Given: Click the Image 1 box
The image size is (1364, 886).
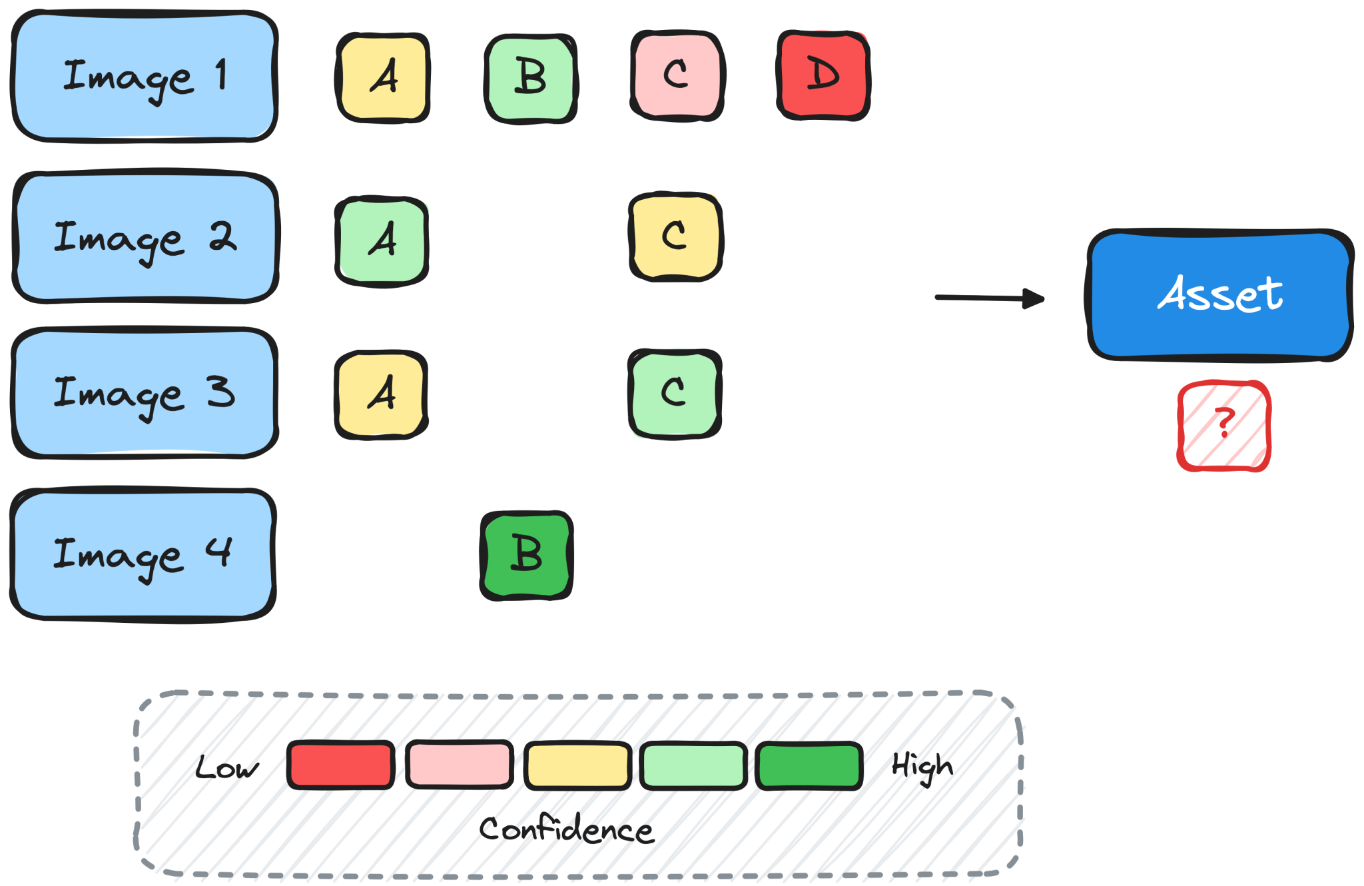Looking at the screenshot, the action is pyautogui.click(x=145, y=76).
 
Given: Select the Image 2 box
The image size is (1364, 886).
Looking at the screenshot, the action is pyautogui.click(x=146, y=236).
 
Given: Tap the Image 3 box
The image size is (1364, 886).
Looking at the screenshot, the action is pyautogui.click(x=145, y=393).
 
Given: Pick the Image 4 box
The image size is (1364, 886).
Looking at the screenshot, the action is pyautogui.click(x=143, y=554).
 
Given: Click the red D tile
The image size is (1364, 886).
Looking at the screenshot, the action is pyautogui.click(x=824, y=75).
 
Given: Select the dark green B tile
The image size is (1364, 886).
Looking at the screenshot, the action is pyautogui.click(x=527, y=556).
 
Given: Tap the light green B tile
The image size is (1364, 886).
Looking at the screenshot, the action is pyautogui.click(x=531, y=79).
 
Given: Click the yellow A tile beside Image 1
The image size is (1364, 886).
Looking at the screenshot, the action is pyautogui.click(x=383, y=78).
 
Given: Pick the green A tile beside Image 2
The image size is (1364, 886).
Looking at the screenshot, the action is pyautogui.click(x=382, y=242).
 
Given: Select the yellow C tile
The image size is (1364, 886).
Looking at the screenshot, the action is pyautogui.click(x=676, y=236).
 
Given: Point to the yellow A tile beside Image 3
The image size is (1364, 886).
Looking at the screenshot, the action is pyautogui.click(x=382, y=394).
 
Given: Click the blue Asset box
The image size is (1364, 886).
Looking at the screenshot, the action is pyautogui.click(x=1220, y=295).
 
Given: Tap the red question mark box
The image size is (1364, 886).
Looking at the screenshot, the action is pyautogui.click(x=1224, y=426).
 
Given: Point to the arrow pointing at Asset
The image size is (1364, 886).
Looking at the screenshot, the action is pyautogui.click(x=990, y=298).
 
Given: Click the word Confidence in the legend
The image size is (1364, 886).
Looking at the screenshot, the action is pyautogui.click(x=567, y=829).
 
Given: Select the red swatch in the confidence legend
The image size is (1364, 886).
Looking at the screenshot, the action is pyautogui.click(x=341, y=765).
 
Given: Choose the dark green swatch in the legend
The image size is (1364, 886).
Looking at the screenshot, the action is pyautogui.click(x=809, y=766).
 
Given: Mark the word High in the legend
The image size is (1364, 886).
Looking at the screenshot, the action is pyautogui.click(x=922, y=767).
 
